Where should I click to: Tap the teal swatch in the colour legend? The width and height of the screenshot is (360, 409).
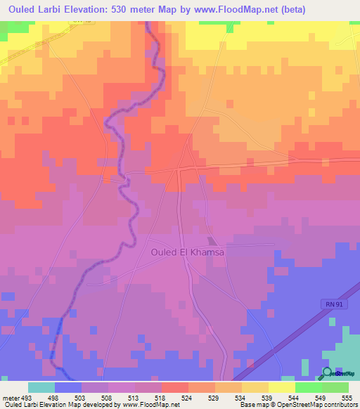pyautogui.click(x=41, y=387)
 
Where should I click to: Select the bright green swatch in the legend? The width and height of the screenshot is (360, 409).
pyautogui.click(x=309, y=387)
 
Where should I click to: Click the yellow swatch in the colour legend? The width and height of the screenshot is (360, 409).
pyautogui.click(x=282, y=387)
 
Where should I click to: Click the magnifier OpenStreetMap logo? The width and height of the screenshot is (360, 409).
pyautogui.click(x=328, y=373)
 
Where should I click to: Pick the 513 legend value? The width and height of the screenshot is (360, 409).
pyautogui.click(x=141, y=397)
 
